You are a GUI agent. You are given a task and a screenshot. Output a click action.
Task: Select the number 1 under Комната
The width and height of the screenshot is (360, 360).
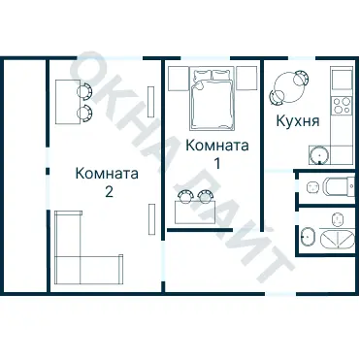(x=217, y=162)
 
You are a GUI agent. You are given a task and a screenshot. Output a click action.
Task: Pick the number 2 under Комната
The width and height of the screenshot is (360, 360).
(x=108, y=191)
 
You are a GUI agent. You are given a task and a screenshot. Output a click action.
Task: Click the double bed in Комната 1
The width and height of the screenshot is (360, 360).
(x=213, y=100)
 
